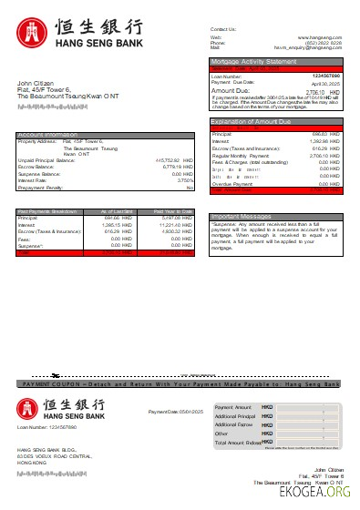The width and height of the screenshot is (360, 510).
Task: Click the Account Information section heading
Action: (x=46, y=135)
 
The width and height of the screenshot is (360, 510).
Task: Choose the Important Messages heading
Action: (x=238, y=217)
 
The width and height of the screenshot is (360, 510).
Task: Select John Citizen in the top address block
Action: (x=36, y=83)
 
